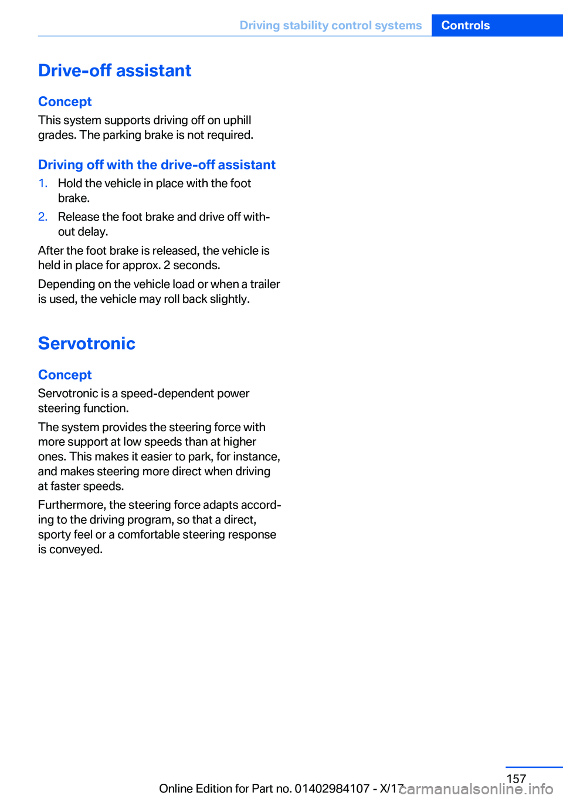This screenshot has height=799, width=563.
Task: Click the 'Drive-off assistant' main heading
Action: point(114,70)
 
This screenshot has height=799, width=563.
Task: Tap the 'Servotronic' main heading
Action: point(86,343)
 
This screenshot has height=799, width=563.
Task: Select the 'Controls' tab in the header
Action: point(465,25)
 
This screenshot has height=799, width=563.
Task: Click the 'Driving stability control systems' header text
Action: point(330,25)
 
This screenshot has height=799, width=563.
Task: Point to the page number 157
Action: point(516,778)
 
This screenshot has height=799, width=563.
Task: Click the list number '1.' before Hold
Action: point(43,184)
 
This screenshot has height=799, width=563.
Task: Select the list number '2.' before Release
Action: point(43,217)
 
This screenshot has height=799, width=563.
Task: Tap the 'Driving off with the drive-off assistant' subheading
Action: point(157,165)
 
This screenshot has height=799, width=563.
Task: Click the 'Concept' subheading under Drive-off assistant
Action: point(65,101)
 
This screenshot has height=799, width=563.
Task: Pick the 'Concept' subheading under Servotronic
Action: point(65,375)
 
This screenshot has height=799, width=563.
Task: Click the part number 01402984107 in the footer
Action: point(331,788)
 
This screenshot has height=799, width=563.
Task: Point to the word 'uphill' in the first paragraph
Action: point(237,120)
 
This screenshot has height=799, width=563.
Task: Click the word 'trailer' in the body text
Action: point(265,285)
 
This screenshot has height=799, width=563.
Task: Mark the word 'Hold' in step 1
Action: point(70,184)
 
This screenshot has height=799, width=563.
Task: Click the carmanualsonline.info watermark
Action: point(476,789)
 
